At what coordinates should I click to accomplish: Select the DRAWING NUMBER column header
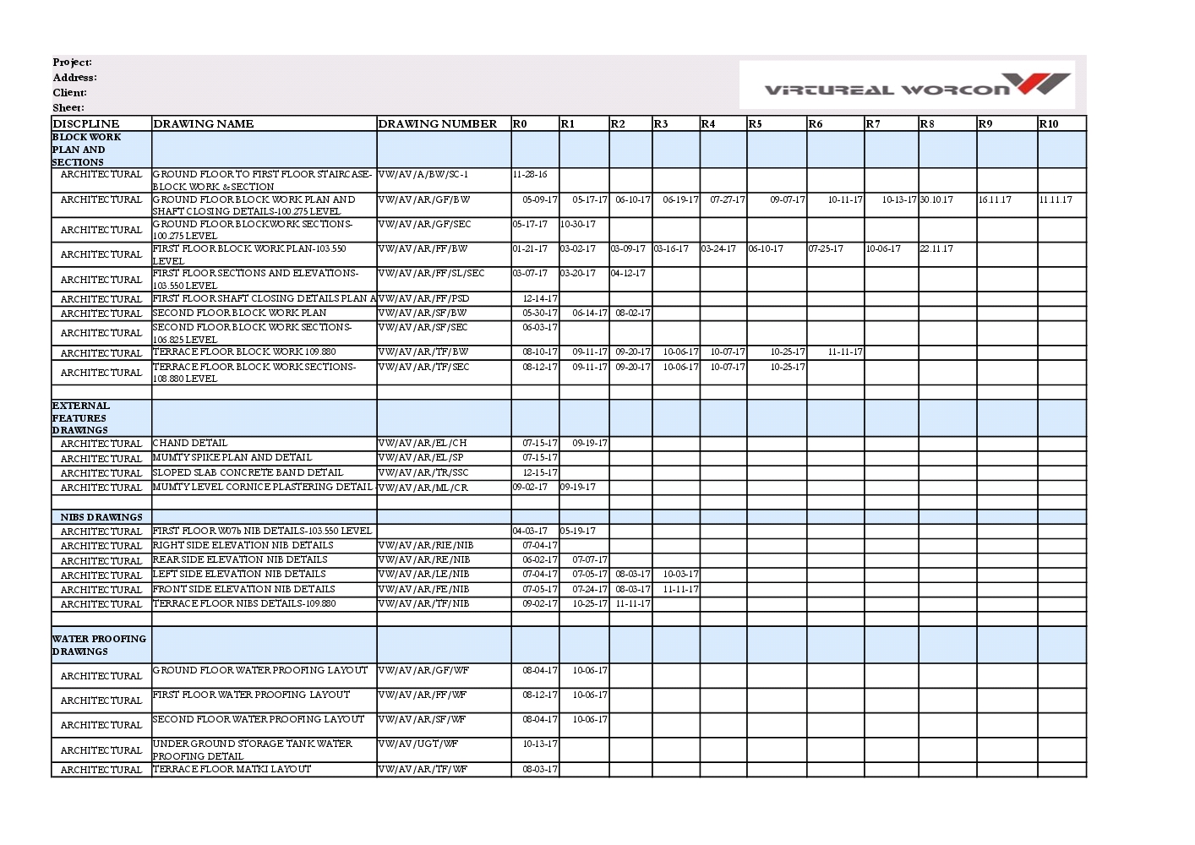point(437,123)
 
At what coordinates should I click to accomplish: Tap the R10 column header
point(1048,123)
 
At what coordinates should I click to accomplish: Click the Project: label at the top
point(72,63)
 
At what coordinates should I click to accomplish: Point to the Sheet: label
point(68,108)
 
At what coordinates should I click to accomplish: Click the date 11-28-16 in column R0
point(530,175)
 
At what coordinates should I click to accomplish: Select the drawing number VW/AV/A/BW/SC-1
point(423,175)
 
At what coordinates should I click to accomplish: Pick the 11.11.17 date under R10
point(1056,200)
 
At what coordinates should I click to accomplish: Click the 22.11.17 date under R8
point(936,249)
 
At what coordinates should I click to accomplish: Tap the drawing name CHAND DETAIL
point(190,443)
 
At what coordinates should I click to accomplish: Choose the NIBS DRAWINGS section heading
point(101,517)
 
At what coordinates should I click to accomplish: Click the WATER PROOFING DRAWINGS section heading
point(99,645)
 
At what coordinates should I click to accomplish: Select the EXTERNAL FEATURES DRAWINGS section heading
point(81,417)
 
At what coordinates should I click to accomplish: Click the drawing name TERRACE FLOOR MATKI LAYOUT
point(232,770)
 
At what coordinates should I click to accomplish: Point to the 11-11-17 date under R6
point(845,352)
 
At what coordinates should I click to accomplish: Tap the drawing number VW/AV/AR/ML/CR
point(423,488)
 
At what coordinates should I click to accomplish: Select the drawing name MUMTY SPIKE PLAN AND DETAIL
point(232,457)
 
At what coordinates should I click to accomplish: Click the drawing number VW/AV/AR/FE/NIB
point(424,590)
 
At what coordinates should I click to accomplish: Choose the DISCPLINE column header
point(86,123)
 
